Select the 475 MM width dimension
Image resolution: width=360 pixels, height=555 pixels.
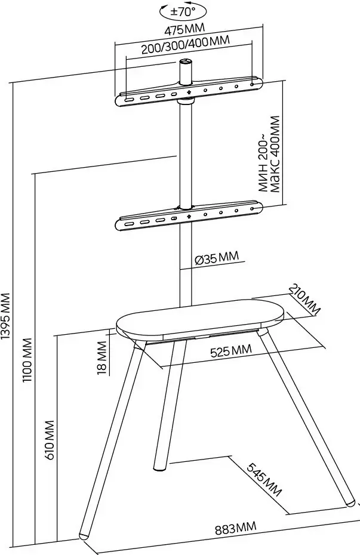coord(184,30)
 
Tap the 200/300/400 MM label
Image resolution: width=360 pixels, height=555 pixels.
coord(186,45)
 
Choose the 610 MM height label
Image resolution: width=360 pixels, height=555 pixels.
coord(50,440)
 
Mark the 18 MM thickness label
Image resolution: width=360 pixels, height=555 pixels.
coord(102,357)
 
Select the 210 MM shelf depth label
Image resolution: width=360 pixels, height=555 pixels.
coord(305,299)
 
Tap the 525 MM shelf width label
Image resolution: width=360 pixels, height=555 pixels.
coord(231,351)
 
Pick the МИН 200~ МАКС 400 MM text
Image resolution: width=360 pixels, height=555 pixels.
coord(269,154)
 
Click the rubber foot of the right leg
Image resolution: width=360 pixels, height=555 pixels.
coord(350,503)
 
